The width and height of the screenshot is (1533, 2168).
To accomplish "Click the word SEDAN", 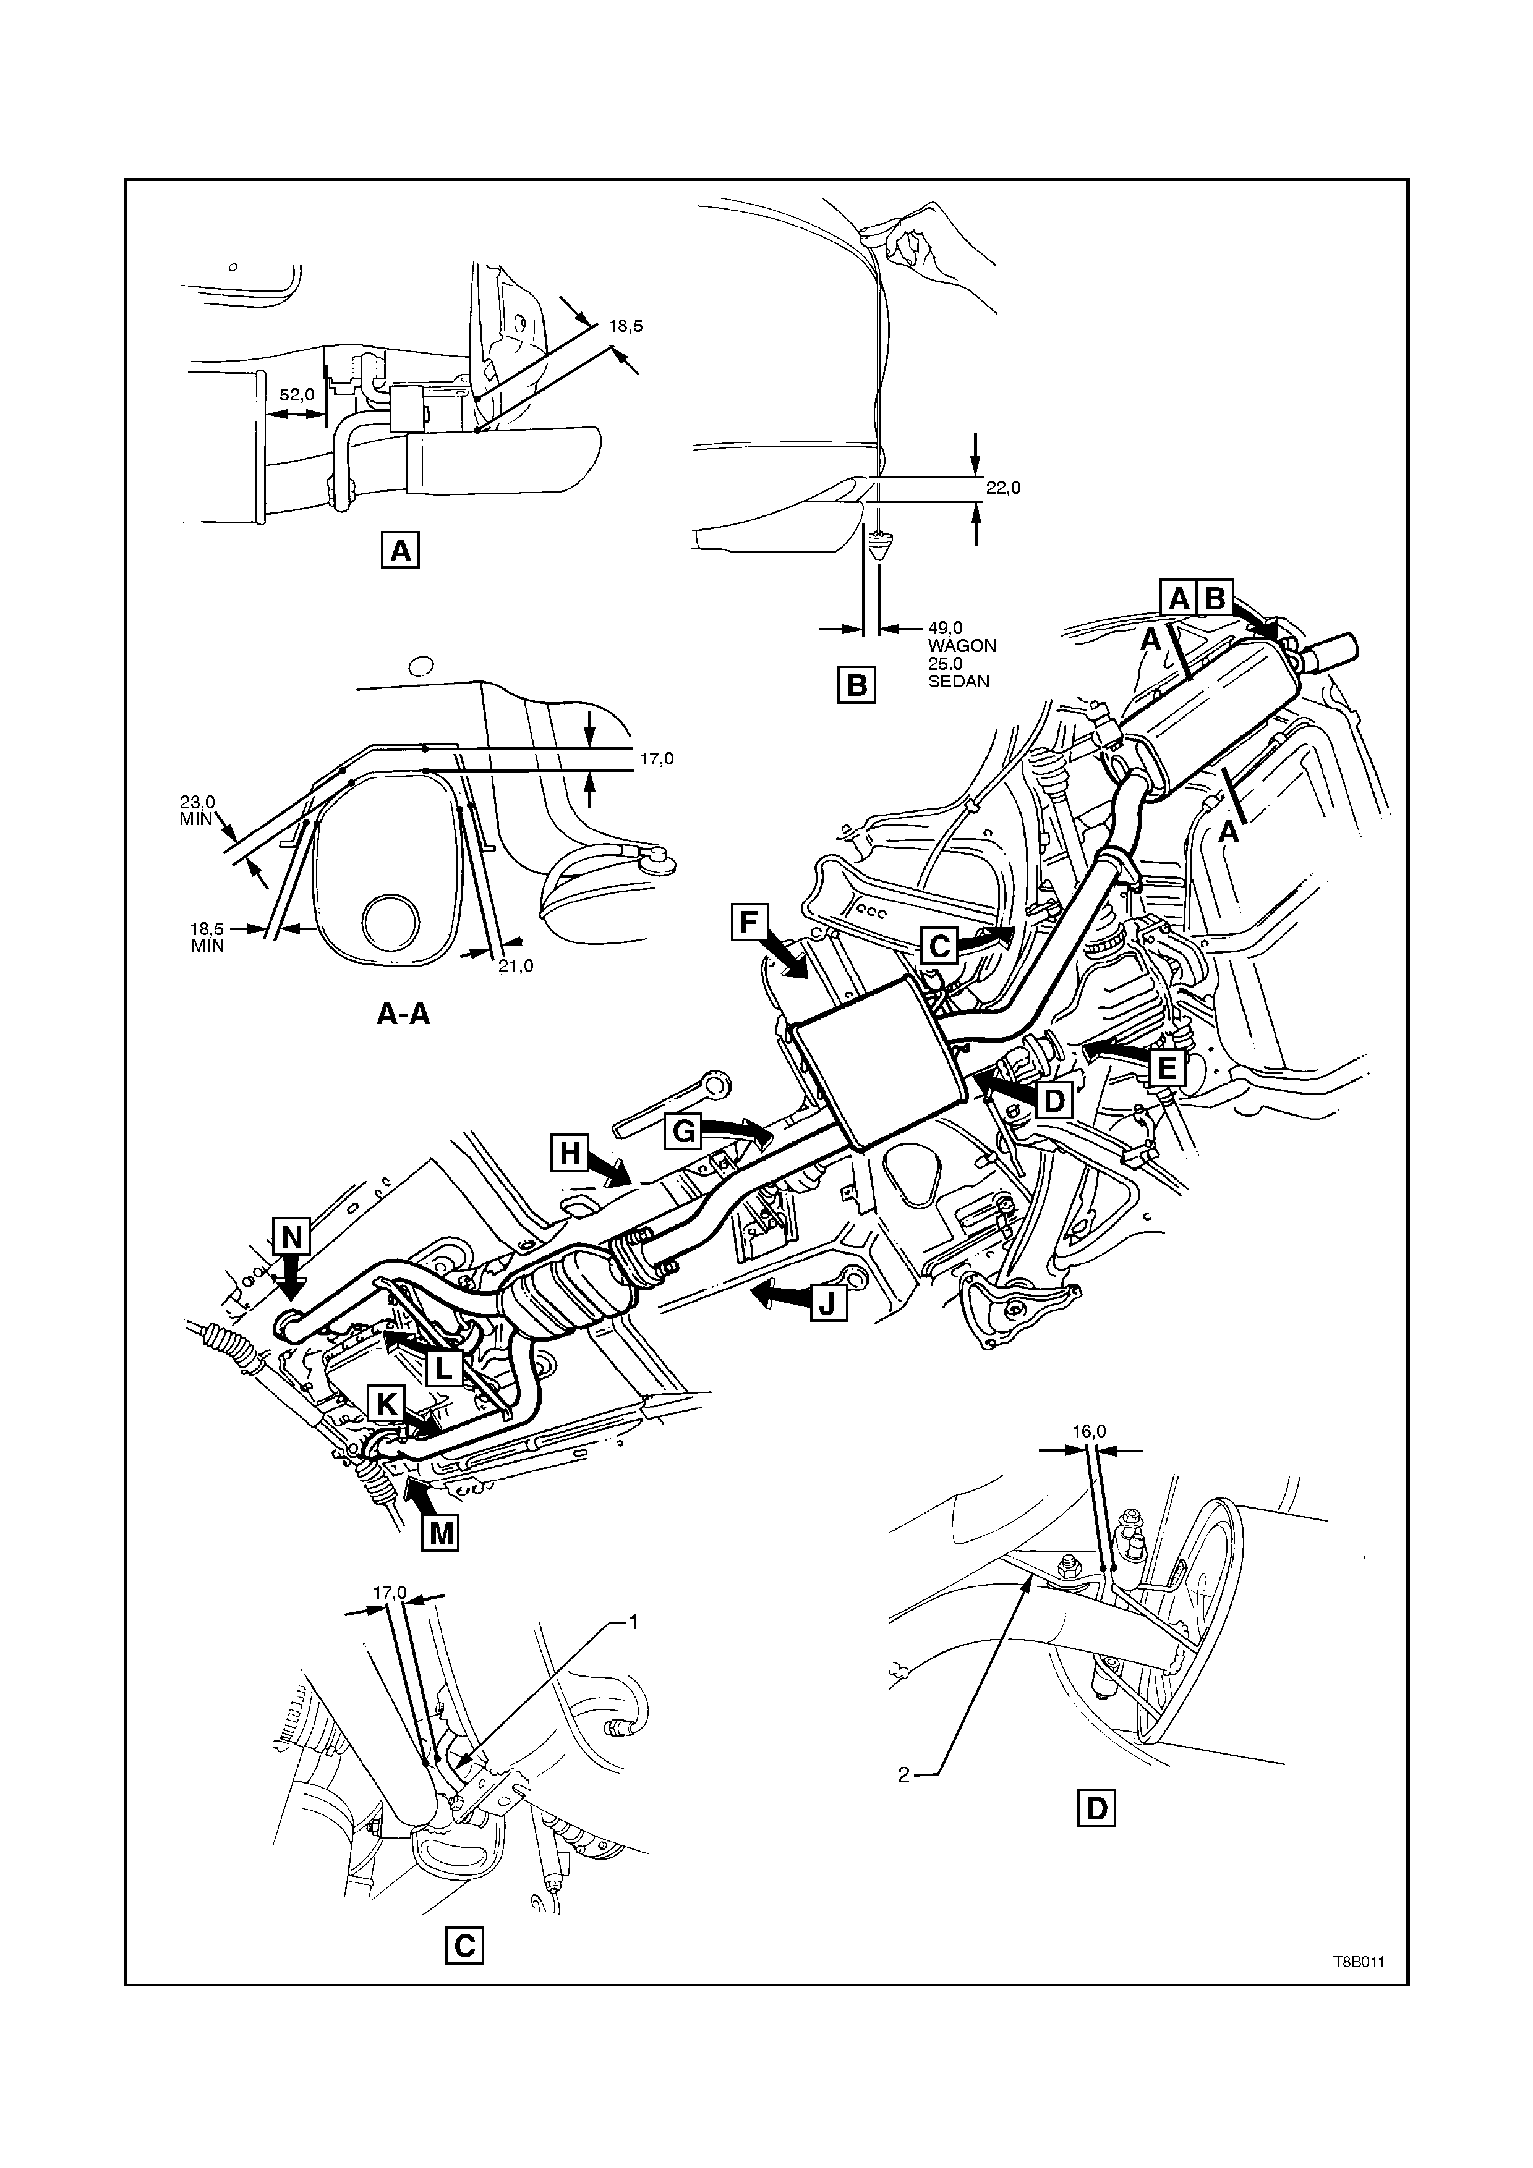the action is coord(958,681).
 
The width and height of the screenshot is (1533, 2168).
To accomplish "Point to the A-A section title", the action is coord(403,1014).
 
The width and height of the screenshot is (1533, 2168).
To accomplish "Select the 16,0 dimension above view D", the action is coord(1088,1457).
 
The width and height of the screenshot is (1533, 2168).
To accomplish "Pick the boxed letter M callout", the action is coord(440,1533).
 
